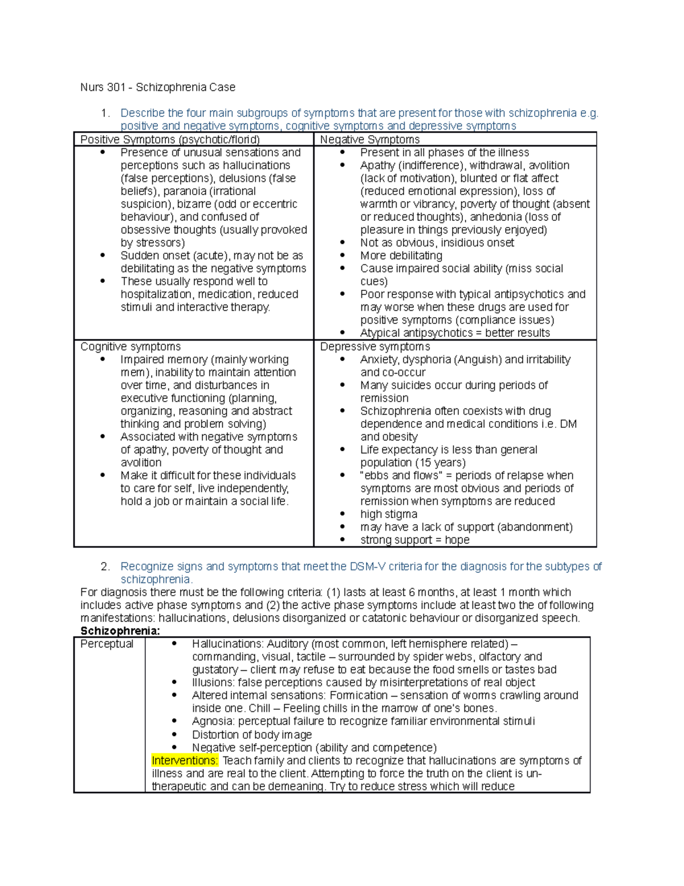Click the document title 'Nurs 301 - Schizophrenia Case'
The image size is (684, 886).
tap(157, 87)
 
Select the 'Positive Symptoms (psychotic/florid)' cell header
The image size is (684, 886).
tap(170, 140)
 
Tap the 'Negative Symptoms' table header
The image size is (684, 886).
tap(369, 140)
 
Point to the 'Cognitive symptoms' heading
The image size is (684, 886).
tap(131, 347)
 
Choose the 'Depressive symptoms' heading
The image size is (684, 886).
tap(374, 347)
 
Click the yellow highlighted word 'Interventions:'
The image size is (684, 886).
tap(185, 760)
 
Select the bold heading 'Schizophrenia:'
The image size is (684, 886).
tap(120, 631)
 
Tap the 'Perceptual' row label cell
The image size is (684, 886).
tap(107, 644)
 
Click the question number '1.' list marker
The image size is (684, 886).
tap(105, 114)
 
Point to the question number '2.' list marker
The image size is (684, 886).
tap(105, 567)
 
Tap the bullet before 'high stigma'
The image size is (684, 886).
tap(343, 514)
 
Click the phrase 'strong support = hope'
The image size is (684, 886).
tap(414, 540)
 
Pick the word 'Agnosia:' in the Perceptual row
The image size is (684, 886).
tap(213, 722)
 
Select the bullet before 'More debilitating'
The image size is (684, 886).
tap(343, 256)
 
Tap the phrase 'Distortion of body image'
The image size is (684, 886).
tap(251, 735)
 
